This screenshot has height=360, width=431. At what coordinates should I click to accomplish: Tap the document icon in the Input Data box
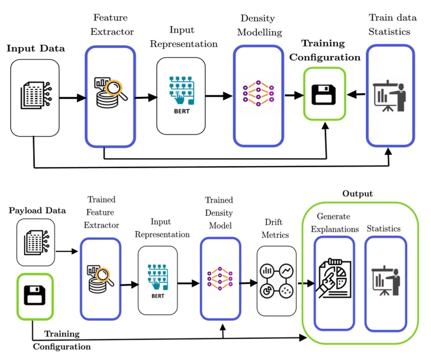(34, 93)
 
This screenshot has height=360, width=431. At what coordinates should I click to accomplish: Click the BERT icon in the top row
(180, 94)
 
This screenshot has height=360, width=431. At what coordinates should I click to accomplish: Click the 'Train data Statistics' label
(392, 24)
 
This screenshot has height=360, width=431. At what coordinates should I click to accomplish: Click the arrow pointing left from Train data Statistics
(356, 94)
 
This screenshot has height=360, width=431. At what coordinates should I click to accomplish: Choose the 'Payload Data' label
(37, 210)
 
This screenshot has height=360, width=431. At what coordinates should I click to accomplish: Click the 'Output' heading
(357, 193)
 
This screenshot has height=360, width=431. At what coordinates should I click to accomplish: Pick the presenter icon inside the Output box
(386, 281)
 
